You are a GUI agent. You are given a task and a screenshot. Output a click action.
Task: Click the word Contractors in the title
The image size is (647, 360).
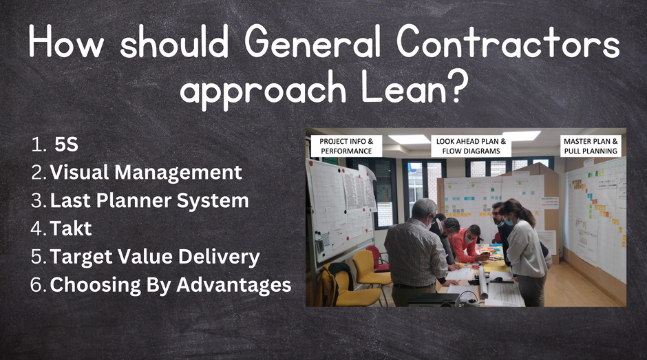508,41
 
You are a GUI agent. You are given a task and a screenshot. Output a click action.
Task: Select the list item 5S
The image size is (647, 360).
66,145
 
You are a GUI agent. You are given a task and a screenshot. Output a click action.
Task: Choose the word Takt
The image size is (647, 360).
71,229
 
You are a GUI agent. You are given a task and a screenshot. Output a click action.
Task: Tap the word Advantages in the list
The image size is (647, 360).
234,285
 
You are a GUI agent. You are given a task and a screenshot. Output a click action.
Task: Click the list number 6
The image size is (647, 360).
36,285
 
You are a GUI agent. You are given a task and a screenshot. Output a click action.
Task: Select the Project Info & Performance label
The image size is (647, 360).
346,146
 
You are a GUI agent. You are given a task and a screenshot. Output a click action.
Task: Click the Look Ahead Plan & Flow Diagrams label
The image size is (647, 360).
471,146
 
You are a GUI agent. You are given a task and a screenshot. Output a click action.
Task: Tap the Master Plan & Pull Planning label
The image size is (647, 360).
591,146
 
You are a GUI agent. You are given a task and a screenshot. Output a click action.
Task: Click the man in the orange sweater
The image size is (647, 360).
465,244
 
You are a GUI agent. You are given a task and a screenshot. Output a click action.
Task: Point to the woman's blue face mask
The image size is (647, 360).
509,222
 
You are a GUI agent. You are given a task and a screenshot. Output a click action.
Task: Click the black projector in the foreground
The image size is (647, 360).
432,299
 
